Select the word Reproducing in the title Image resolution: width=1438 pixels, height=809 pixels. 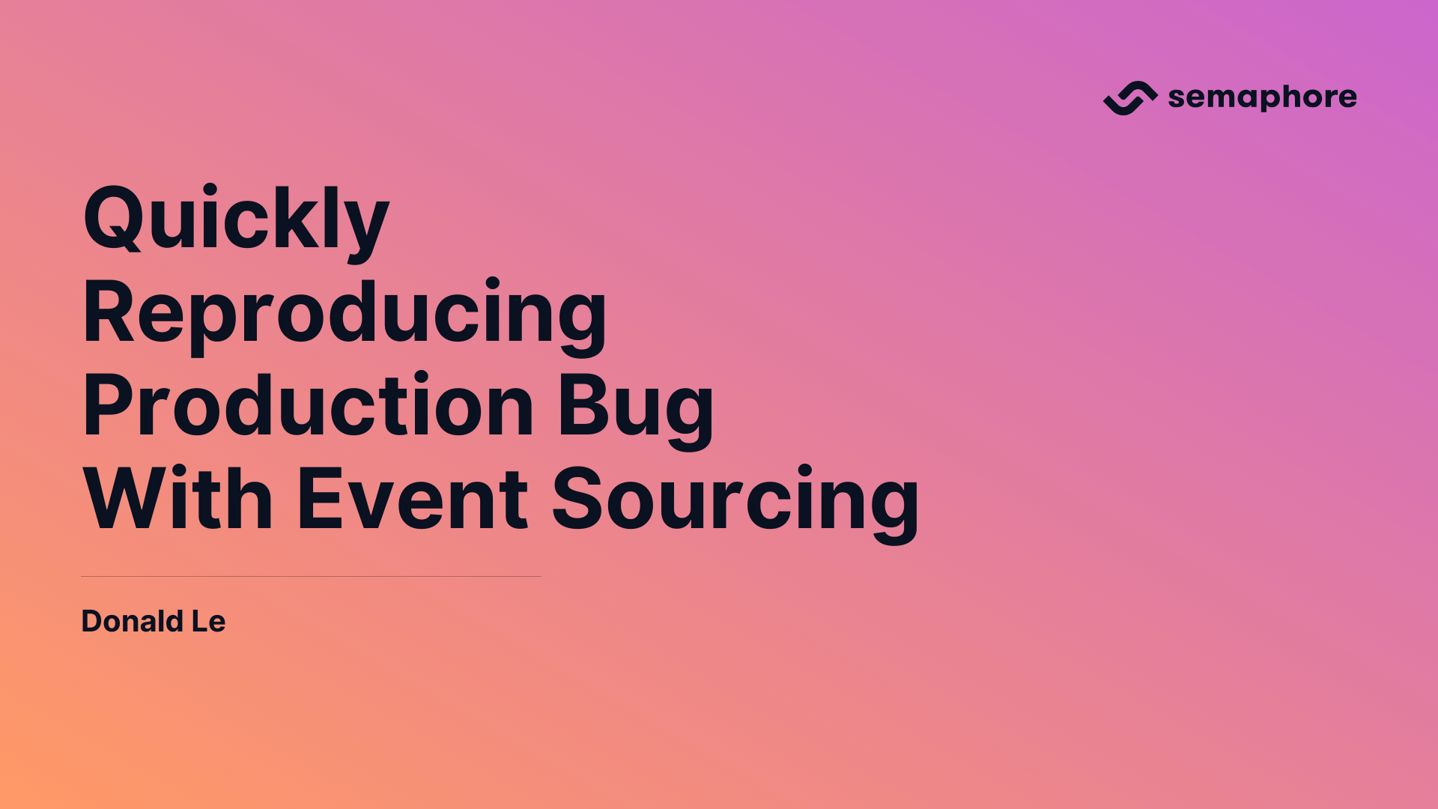(x=345, y=313)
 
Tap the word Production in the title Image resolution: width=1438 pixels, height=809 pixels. (x=308, y=406)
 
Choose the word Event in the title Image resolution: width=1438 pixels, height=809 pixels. (x=413, y=500)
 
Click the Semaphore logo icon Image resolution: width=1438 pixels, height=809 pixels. (x=1130, y=98)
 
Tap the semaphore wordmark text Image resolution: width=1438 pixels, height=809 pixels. (x=1262, y=97)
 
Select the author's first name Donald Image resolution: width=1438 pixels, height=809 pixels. (x=132, y=621)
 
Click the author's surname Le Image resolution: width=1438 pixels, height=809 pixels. (x=208, y=621)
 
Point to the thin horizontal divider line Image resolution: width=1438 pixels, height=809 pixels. (x=311, y=576)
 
